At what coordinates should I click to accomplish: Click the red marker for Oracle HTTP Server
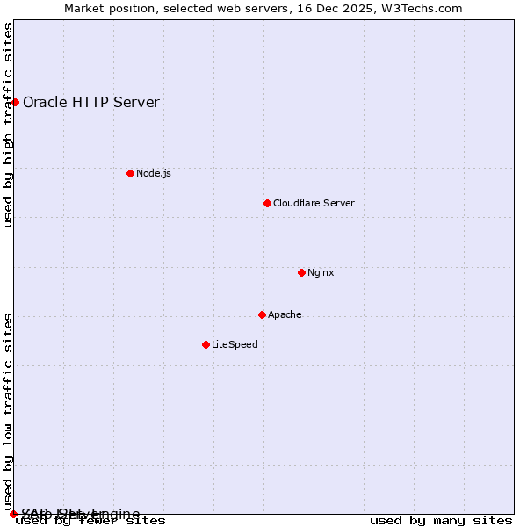(x=15, y=102)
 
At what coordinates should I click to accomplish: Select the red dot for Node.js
(x=130, y=173)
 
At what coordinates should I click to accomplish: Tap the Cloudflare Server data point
(x=267, y=203)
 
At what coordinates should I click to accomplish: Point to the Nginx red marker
(x=301, y=272)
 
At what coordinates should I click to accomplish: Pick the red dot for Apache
(x=262, y=314)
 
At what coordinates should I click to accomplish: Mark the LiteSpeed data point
(x=206, y=344)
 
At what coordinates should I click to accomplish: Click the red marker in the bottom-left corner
(x=13, y=514)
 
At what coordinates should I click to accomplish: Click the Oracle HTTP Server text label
(x=90, y=102)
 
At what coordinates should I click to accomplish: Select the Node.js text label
(x=154, y=173)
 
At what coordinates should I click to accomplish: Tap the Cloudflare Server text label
(x=314, y=203)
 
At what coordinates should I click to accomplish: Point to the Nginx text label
(x=321, y=272)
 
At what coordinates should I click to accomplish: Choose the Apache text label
(x=285, y=314)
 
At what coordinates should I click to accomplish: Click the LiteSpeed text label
(x=235, y=344)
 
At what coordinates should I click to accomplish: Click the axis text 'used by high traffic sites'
(x=9, y=125)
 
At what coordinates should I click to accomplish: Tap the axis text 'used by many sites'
(x=441, y=520)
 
